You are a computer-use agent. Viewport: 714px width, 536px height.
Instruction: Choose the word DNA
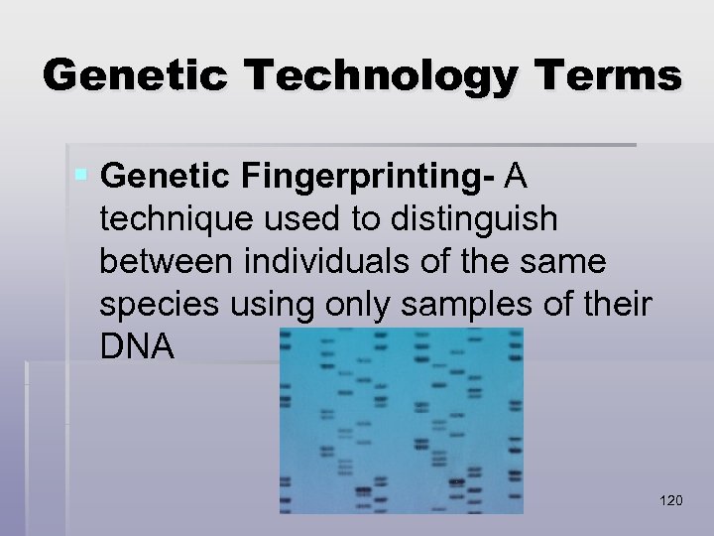[x=137, y=348]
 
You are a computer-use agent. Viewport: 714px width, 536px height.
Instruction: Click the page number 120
[x=670, y=500]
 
